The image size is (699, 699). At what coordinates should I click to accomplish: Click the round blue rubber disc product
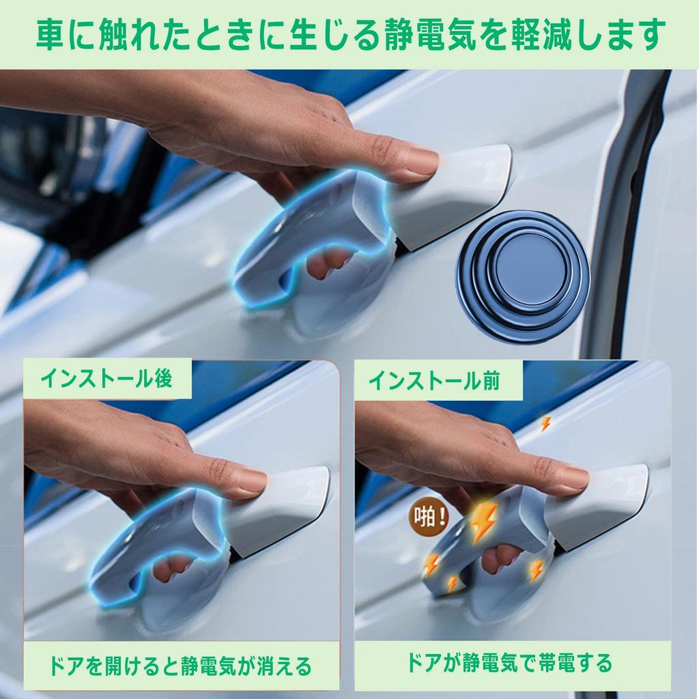[x=522, y=276]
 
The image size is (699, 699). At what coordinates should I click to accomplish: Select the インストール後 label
[x=106, y=380]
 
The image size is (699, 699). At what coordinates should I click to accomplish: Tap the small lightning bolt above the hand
[x=545, y=424]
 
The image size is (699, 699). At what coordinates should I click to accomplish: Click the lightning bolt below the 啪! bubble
[x=431, y=564]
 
